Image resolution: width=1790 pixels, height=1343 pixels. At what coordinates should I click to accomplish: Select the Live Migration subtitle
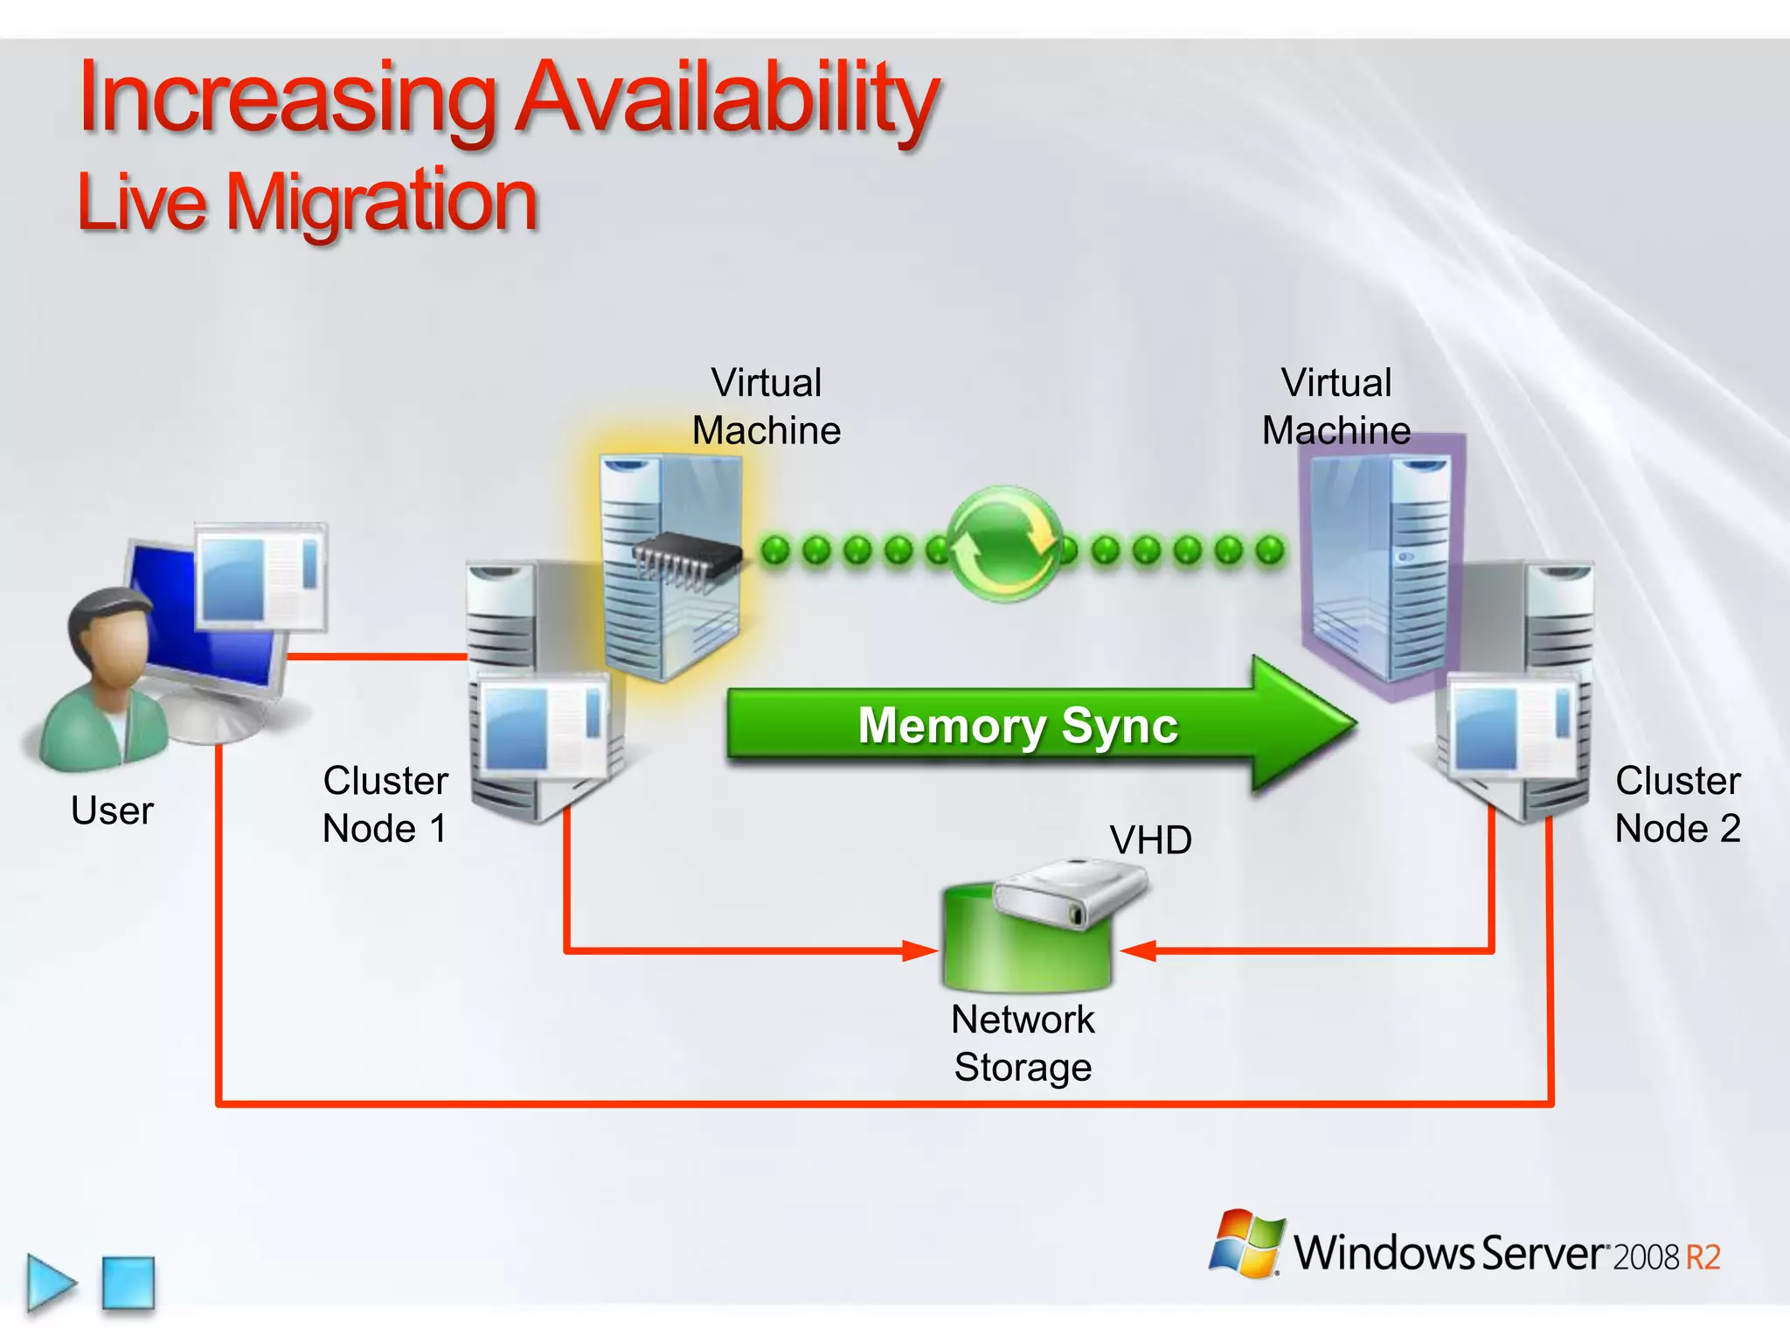(308, 203)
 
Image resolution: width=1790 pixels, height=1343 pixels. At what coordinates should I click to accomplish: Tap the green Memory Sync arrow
(1018, 726)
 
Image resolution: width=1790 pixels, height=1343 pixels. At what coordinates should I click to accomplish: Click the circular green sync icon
(1005, 545)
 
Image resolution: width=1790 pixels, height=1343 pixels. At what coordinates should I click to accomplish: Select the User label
(112, 811)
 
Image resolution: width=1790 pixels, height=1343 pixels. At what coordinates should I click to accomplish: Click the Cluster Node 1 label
(385, 804)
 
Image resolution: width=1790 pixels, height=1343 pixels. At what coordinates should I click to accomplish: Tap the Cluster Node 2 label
(1676, 804)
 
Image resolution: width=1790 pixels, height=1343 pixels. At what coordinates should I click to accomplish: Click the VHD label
(1150, 840)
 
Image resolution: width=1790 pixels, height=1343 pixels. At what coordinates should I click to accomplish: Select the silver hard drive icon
(1071, 892)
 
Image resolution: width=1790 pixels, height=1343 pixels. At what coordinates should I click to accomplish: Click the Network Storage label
(1023, 1043)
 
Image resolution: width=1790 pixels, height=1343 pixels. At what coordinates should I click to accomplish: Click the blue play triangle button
(49, 1283)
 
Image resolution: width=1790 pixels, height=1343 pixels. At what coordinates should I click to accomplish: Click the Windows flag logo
(1247, 1243)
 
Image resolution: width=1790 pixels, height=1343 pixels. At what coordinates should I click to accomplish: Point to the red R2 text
(1703, 1257)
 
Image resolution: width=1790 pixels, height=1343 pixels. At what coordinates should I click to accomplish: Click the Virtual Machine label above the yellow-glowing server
(766, 407)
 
